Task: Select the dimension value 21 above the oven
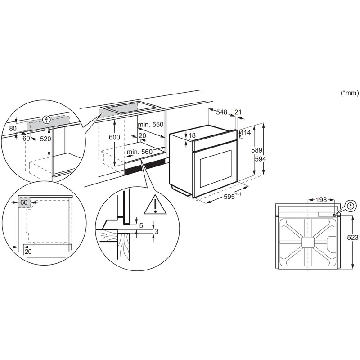click(238, 112)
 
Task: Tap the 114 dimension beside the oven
click(246, 133)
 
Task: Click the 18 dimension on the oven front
click(192, 135)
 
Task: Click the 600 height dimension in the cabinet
click(115, 137)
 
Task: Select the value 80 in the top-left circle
click(12, 128)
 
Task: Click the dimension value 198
click(321, 199)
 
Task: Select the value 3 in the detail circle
click(157, 232)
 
